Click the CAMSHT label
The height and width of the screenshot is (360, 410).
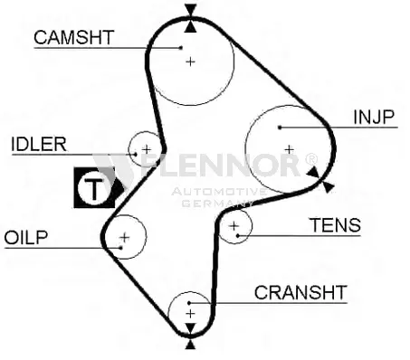click(74, 37)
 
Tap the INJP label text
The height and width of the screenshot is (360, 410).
click(374, 117)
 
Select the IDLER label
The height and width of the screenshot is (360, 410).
click(39, 144)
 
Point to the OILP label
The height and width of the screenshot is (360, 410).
click(26, 238)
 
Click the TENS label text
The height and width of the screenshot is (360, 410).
click(336, 225)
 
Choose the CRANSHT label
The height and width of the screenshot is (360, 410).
click(300, 292)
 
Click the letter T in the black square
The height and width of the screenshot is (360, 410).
click(94, 189)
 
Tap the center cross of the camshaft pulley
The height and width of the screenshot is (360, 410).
click(190, 62)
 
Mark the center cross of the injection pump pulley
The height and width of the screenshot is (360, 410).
click(290, 149)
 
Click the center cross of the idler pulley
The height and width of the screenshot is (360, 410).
click(147, 149)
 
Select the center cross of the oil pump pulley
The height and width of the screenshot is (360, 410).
click(125, 238)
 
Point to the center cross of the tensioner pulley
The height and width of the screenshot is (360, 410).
click(234, 225)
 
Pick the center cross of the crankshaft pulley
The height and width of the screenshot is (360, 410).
click(190, 314)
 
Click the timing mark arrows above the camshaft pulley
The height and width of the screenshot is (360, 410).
click(190, 18)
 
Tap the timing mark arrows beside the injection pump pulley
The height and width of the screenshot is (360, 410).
click(320, 179)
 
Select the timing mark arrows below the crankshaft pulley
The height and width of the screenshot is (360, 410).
click(190, 336)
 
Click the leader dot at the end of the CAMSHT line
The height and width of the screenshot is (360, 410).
click(181, 48)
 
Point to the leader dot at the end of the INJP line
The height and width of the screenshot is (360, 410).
click(280, 128)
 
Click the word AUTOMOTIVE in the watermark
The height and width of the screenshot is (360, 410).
click(219, 192)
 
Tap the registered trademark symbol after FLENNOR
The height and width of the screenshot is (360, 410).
click(311, 159)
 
